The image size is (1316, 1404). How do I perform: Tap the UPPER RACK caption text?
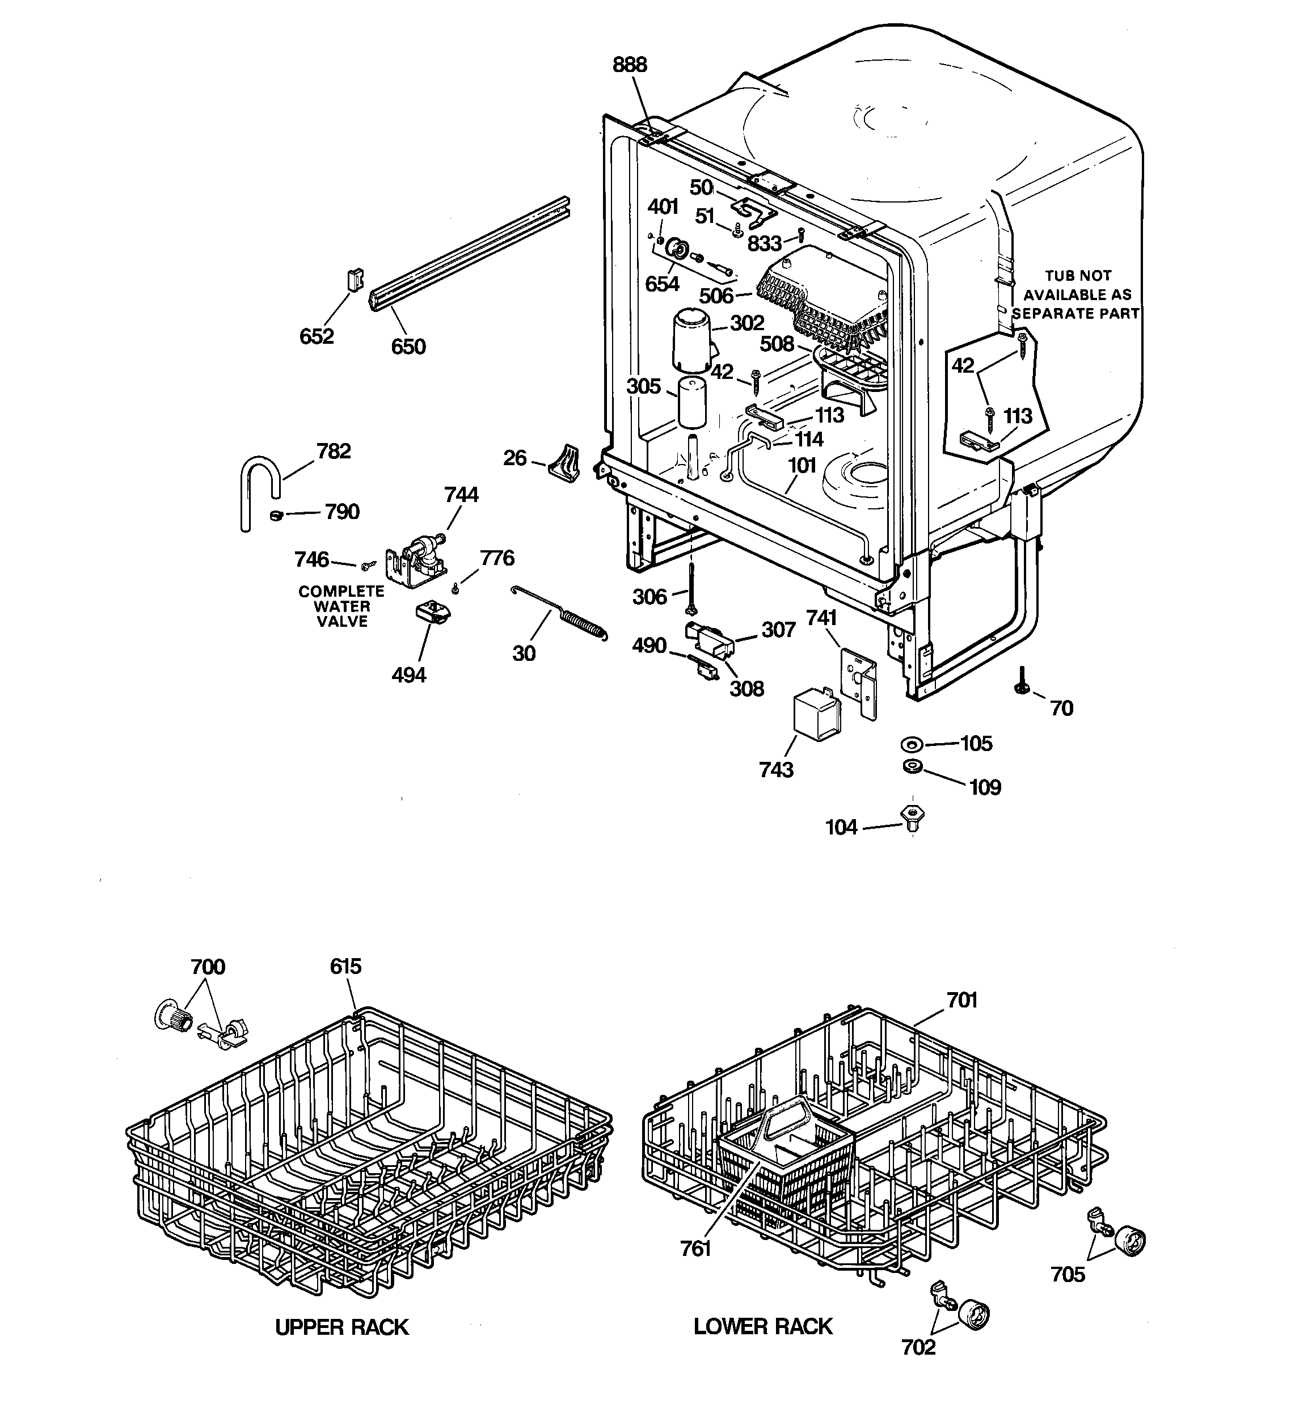pyautogui.click(x=342, y=1327)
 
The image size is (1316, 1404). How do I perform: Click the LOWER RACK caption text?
pyautogui.click(x=763, y=1326)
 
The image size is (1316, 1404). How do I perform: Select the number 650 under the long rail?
pyautogui.click(x=408, y=347)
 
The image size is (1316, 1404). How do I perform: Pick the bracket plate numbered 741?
pyautogui.click(x=859, y=681)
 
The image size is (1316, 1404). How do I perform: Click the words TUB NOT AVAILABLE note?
pyautogui.click(x=1077, y=294)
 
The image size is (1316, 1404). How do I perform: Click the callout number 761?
pyautogui.click(x=695, y=1249)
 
